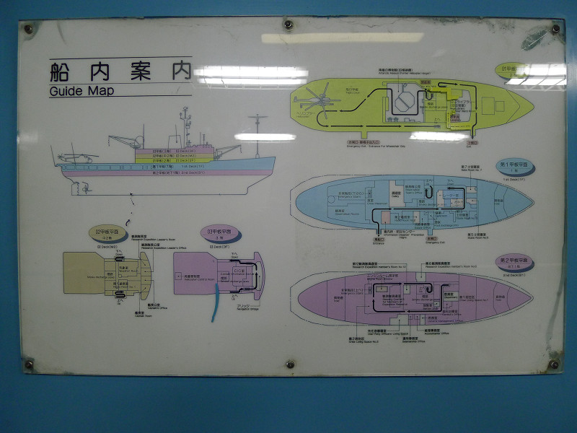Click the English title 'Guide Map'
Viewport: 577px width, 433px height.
(82, 91)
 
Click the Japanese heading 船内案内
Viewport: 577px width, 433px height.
(120, 71)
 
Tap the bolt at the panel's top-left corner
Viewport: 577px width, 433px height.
(28, 30)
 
